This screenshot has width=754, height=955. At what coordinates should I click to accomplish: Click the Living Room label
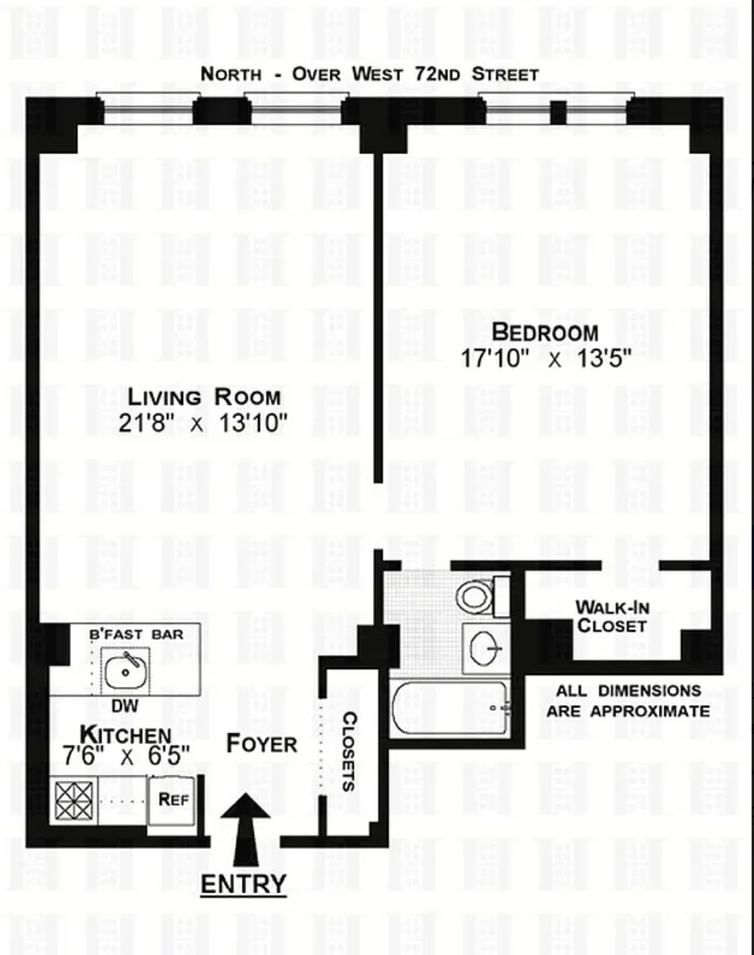(204, 396)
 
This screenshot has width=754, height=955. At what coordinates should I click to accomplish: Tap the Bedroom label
(544, 331)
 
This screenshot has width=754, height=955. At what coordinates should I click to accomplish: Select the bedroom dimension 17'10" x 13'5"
(546, 359)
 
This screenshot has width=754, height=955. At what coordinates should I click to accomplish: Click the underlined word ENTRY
(243, 884)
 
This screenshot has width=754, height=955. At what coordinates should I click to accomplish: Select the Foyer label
(261, 743)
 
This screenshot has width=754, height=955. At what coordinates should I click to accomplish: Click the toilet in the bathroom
(477, 596)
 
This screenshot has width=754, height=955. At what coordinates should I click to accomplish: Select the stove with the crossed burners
(74, 800)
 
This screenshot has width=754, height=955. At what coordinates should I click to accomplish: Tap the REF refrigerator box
(173, 799)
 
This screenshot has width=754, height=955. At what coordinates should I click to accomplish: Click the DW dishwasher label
(122, 707)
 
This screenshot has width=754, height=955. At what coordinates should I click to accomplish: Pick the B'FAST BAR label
(135, 634)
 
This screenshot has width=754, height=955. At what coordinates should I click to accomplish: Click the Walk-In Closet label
(611, 616)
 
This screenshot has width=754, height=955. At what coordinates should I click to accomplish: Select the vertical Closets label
(349, 751)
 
